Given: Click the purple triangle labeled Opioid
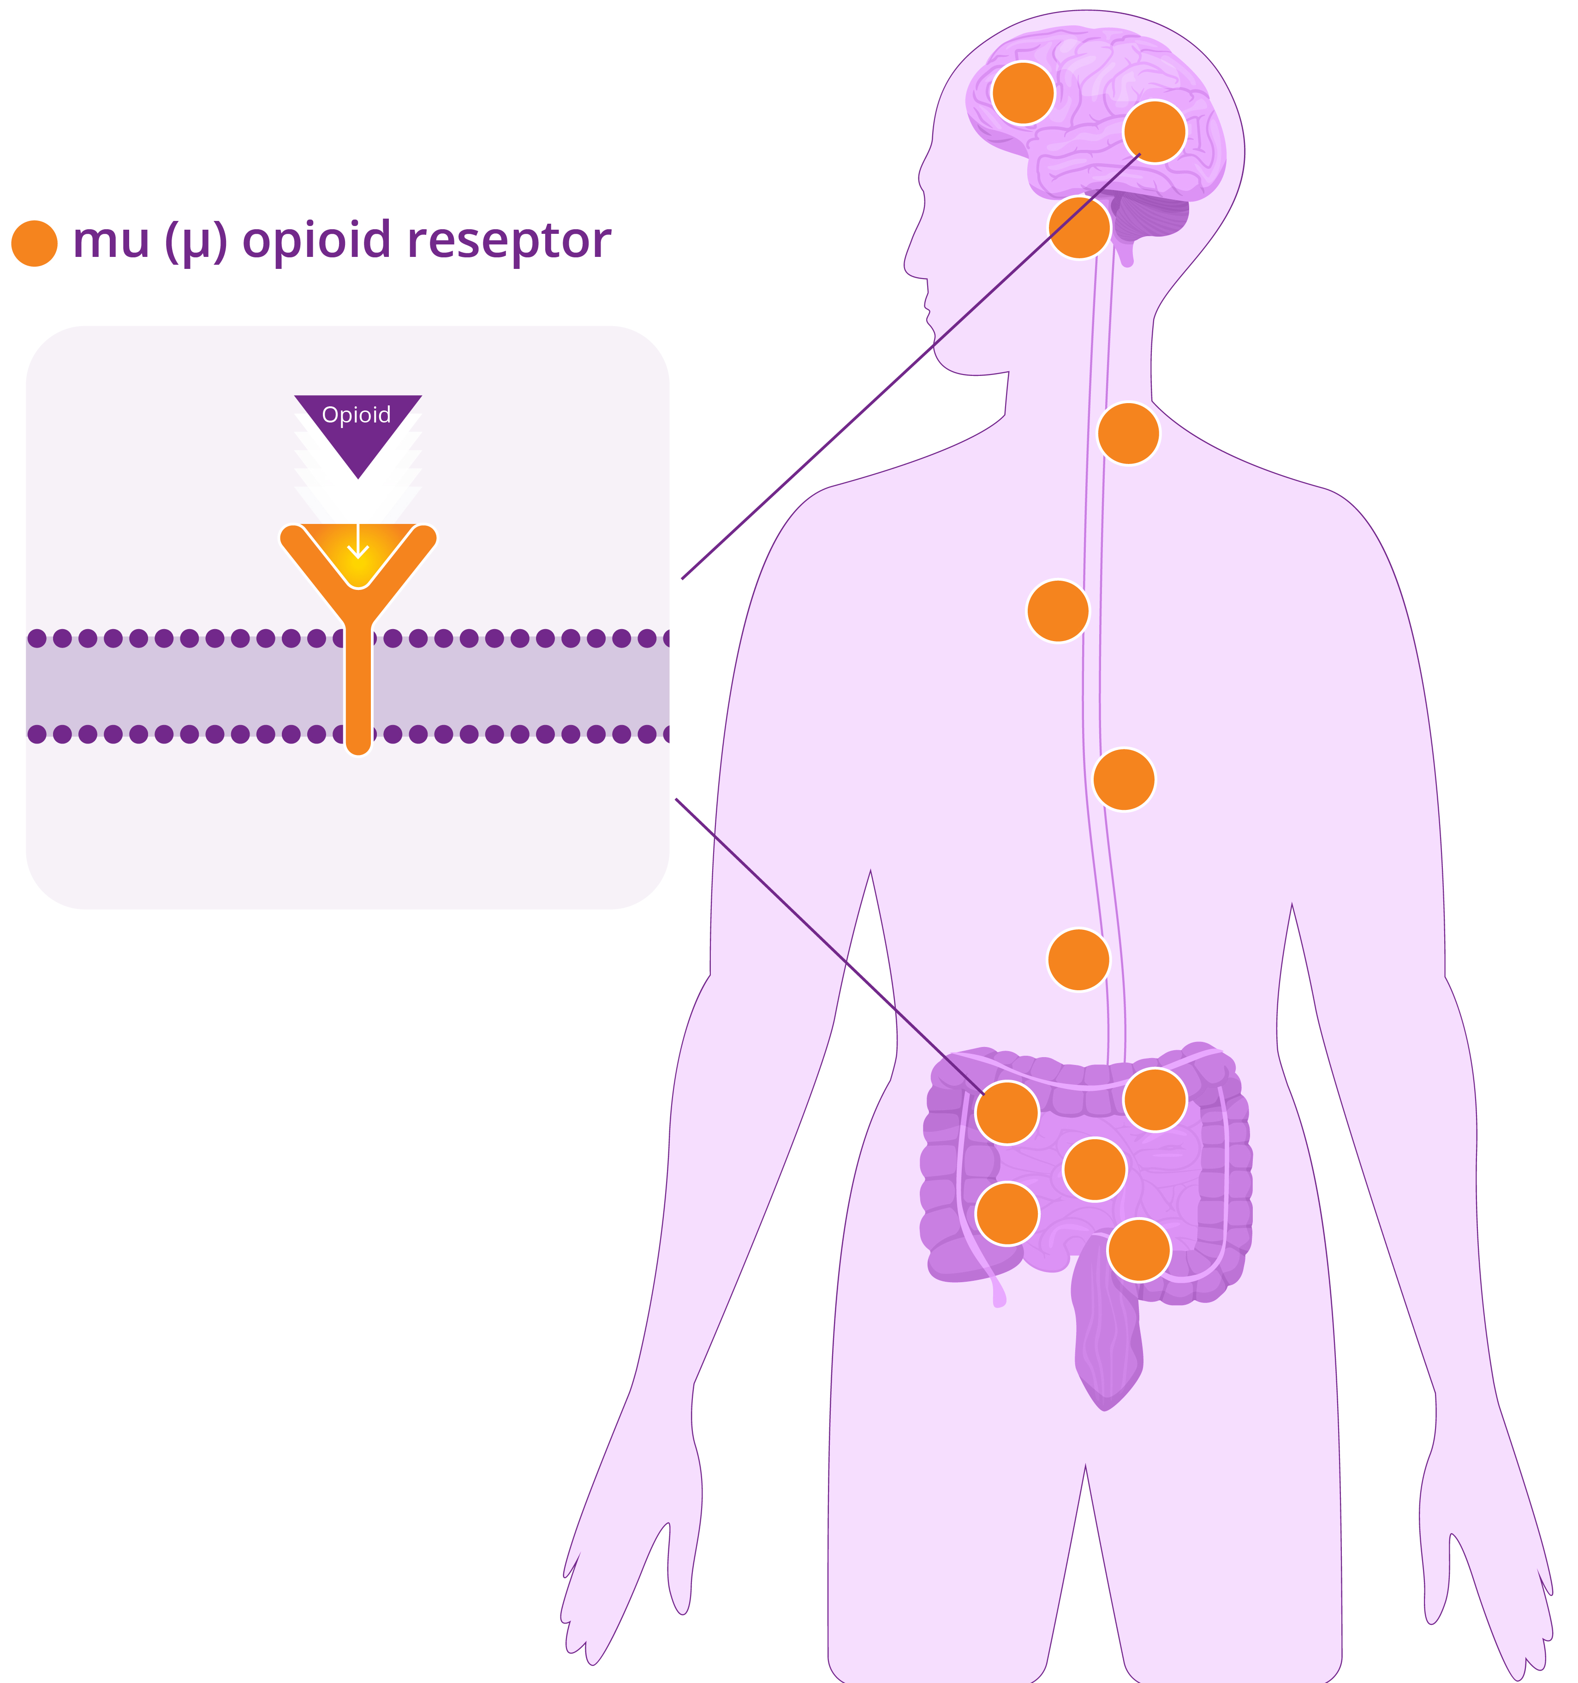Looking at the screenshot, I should coord(358,428).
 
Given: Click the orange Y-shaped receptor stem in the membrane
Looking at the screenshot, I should coord(359,686).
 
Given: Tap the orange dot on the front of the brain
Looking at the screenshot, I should coord(1023,92).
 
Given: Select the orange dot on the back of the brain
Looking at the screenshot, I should coord(1155,131).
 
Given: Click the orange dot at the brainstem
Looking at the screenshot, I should coord(1079,227).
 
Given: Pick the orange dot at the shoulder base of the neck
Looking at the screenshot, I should coord(1128,434).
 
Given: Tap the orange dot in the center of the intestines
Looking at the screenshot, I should coord(1095,1169).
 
